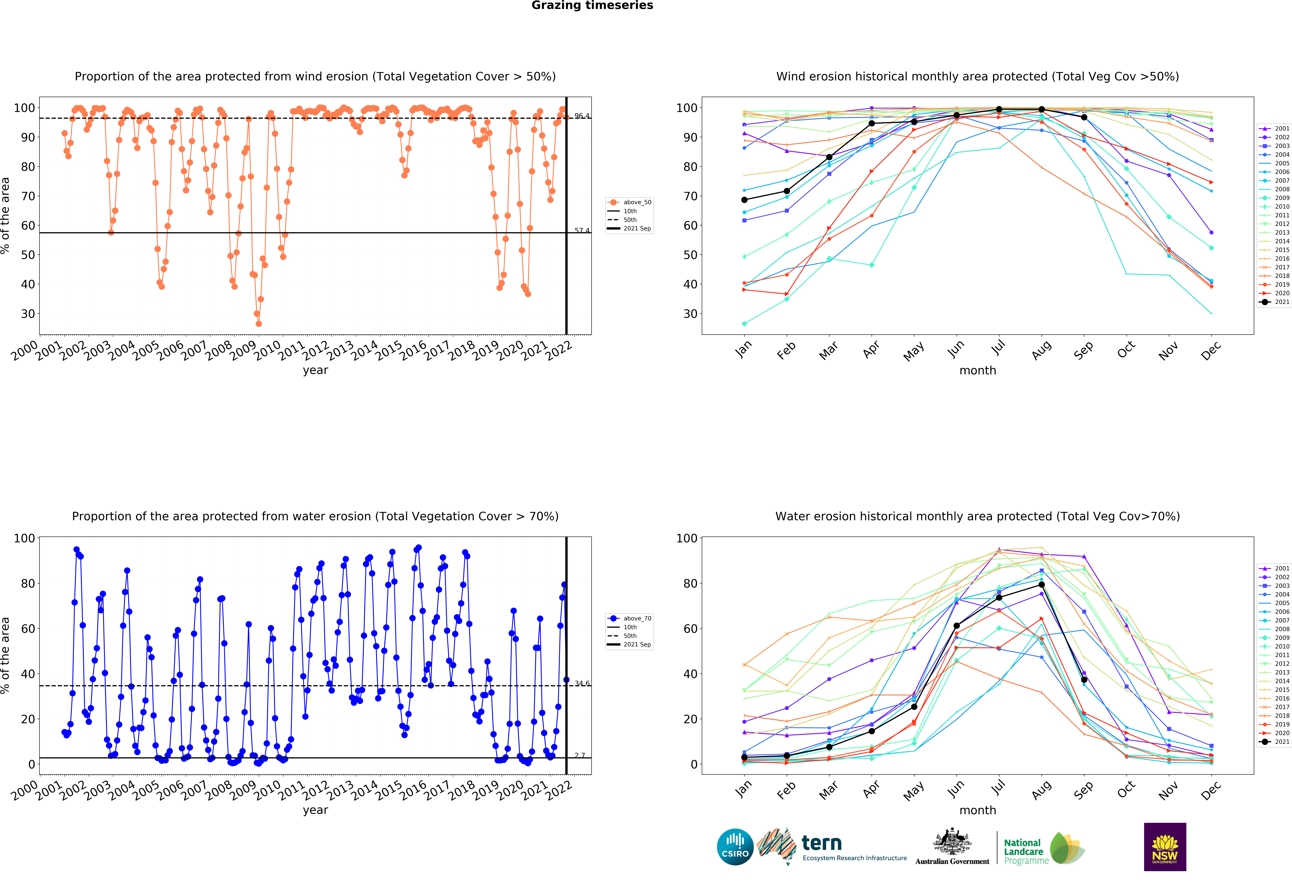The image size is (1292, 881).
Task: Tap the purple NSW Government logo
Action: [x=1165, y=847]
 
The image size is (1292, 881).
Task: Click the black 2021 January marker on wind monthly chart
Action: [x=744, y=200]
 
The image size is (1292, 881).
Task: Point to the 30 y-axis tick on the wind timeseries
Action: [x=28, y=314]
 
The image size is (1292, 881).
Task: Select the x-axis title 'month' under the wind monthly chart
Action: [x=978, y=370]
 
